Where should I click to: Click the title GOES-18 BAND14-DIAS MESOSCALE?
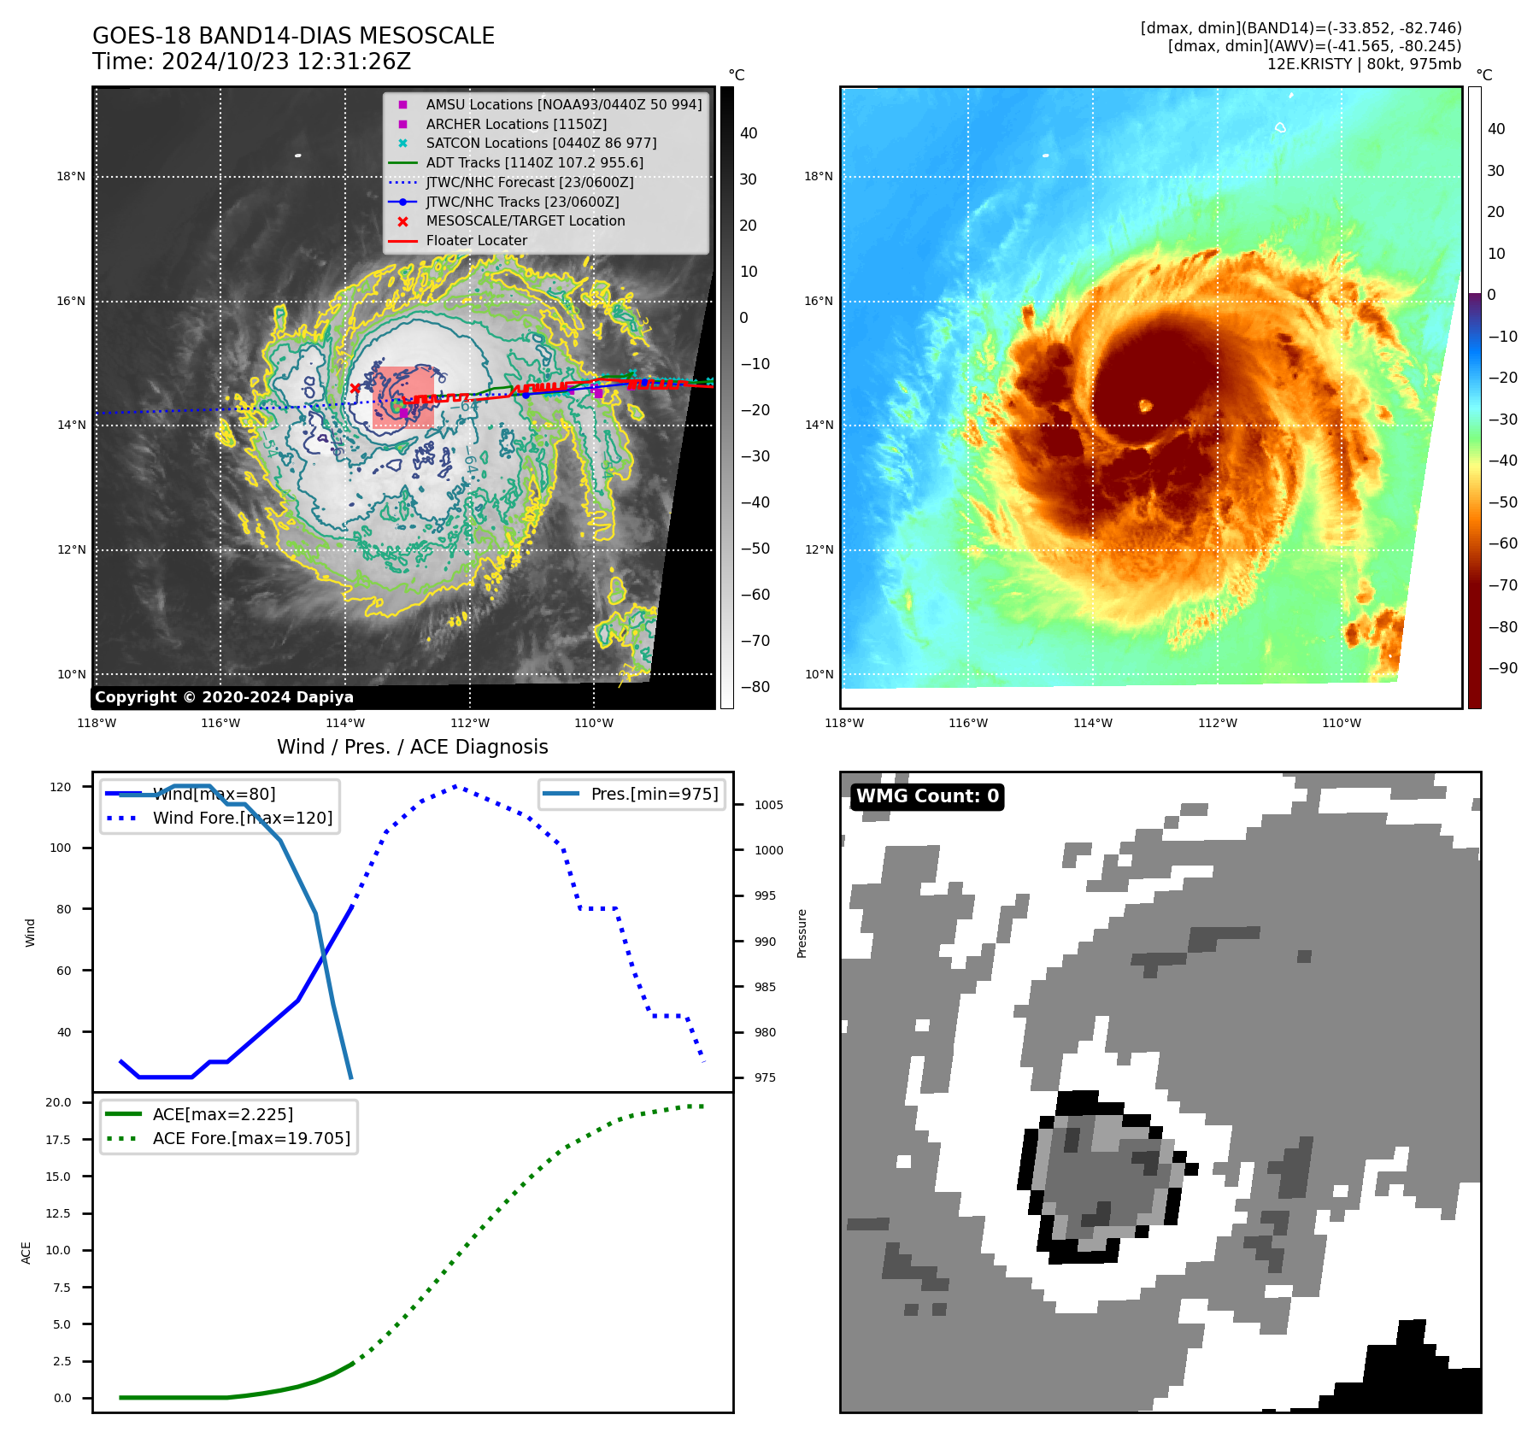point(293,36)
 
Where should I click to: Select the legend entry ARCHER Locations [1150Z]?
point(516,124)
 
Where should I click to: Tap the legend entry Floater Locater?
point(476,241)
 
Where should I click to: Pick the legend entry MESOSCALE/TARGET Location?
point(525,221)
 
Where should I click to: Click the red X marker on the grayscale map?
point(355,389)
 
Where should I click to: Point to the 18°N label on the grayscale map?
point(71,177)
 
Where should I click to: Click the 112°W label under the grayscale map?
point(470,723)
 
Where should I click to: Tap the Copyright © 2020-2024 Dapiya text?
point(224,697)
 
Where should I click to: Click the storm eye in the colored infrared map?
point(1146,405)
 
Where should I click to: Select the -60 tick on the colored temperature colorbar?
point(1502,543)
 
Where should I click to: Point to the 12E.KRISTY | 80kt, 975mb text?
point(1364,64)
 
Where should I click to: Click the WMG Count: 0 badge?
point(927,796)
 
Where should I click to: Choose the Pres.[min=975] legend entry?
point(654,794)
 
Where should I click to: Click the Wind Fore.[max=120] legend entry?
point(242,818)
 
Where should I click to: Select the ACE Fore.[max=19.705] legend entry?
point(251,1138)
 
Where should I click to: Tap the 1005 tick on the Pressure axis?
point(768,805)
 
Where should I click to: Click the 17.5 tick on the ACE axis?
point(58,1140)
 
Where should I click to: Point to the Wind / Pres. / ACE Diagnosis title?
point(413,747)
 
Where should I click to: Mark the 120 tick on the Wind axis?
point(61,787)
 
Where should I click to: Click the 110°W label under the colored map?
point(1342,723)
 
